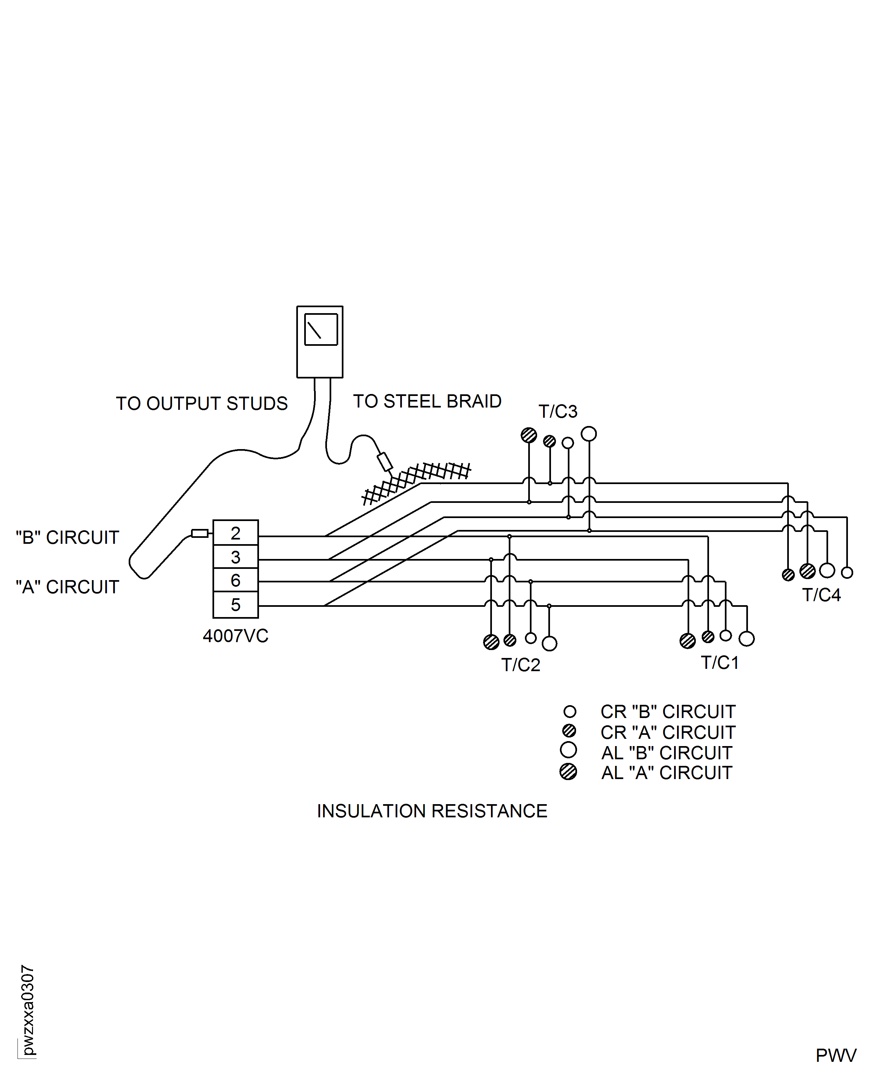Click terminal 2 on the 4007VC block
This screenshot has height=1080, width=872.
pyautogui.click(x=235, y=533)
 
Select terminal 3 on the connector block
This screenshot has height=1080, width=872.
pyautogui.click(x=235, y=557)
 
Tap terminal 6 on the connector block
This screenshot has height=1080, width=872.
pyautogui.click(x=235, y=580)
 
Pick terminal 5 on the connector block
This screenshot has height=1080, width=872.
pyautogui.click(x=235, y=604)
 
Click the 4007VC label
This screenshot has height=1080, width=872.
pyautogui.click(x=235, y=636)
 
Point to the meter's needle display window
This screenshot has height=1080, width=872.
pyautogui.click(x=320, y=330)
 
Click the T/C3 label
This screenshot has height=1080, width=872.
pyautogui.click(x=558, y=411)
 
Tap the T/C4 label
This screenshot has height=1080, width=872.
pyautogui.click(x=821, y=595)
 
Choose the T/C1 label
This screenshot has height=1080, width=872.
pyautogui.click(x=720, y=663)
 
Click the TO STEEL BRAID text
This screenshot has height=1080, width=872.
pyautogui.click(x=427, y=401)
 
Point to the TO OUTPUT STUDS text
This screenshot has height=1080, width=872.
pyautogui.click(x=202, y=403)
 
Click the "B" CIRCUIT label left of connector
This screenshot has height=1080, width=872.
pyautogui.click(x=67, y=538)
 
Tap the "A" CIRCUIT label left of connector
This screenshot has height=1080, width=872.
pyautogui.click(x=67, y=587)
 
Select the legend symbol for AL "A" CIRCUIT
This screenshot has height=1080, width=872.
pyautogui.click(x=568, y=771)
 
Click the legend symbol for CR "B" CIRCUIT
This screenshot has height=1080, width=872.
pyautogui.click(x=569, y=711)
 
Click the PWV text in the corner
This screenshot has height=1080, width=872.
pyautogui.click(x=835, y=1055)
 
